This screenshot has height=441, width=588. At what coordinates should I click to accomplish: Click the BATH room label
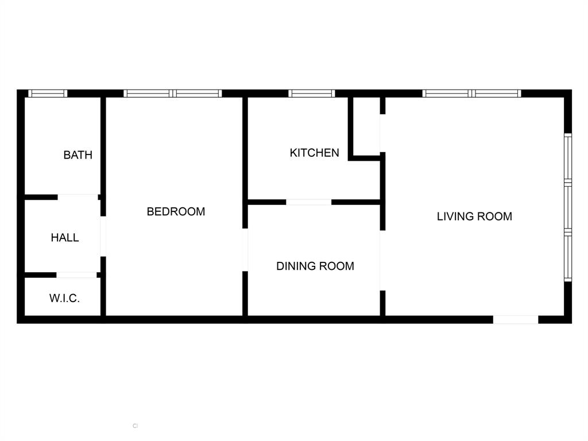click(78, 155)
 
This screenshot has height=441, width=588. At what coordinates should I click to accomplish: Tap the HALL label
click(65, 238)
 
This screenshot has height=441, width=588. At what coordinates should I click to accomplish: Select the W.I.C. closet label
click(64, 299)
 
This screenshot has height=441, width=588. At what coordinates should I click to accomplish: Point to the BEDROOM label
click(176, 211)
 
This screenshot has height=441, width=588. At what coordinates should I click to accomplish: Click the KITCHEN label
click(314, 153)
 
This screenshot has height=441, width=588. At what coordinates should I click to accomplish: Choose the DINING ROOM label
click(315, 266)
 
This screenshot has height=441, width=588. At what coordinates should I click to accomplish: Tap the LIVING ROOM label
click(474, 216)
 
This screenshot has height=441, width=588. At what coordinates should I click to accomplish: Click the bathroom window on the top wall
click(48, 94)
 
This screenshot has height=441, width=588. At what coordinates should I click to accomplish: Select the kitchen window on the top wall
click(311, 94)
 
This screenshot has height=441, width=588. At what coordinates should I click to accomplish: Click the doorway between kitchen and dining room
click(309, 202)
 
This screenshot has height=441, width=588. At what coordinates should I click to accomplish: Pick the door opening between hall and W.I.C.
click(76, 275)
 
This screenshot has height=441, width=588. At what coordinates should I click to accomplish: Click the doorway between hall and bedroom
click(103, 236)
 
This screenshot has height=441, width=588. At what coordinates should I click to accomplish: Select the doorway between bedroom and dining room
click(245, 250)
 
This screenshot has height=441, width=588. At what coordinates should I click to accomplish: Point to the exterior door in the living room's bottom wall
click(516, 319)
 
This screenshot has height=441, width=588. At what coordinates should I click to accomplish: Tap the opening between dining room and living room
click(382, 260)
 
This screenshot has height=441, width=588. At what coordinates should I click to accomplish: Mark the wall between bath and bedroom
click(103, 146)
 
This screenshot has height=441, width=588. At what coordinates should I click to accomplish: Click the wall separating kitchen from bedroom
click(245, 149)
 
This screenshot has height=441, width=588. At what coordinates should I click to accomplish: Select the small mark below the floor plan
click(136, 426)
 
